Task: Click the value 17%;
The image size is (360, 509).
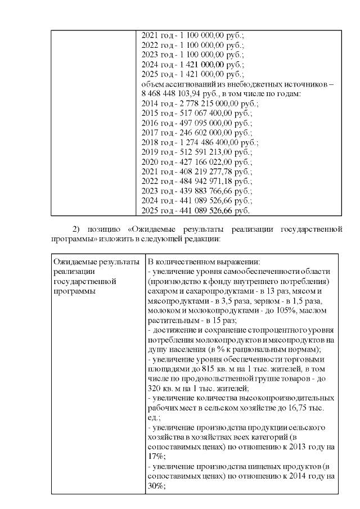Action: click(x=157, y=456)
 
